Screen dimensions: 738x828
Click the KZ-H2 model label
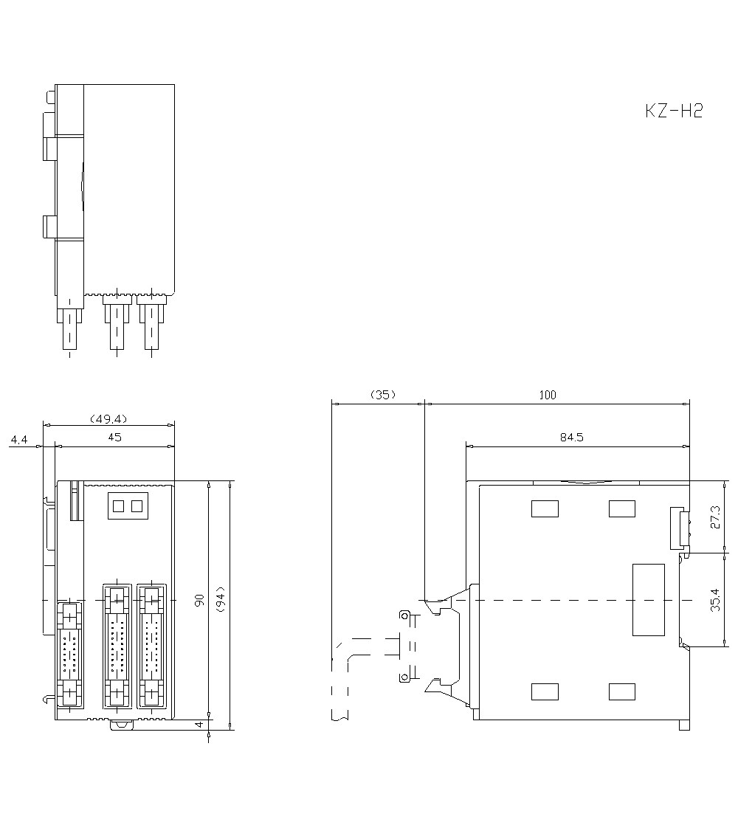click(x=674, y=111)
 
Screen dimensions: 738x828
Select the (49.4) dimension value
click(x=108, y=419)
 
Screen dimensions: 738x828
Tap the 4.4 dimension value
click(x=19, y=439)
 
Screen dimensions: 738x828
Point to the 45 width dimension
click(x=114, y=437)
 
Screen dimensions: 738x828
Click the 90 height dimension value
click(x=199, y=600)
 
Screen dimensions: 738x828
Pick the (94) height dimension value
click(x=221, y=599)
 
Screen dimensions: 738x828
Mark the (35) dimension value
click(x=383, y=395)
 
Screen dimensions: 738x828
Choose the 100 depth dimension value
click(x=548, y=395)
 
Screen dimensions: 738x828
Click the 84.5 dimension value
click(x=572, y=437)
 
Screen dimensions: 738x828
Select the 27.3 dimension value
click(x=715, y=517)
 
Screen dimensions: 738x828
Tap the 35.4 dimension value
click(x=715, y=600)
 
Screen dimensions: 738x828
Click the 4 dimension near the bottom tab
click(x=199, y=725)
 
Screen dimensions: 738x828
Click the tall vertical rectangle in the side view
click(x=648, y=600)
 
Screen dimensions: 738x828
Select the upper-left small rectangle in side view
click(x=545, y=508)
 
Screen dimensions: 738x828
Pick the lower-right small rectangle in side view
click(x=622, y=691)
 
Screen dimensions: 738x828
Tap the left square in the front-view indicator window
click(x=119, y=506)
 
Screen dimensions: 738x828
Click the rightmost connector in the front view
click(x=151, y=645)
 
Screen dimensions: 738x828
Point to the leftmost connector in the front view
click(x=69, y=654)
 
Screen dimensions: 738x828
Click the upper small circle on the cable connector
click(x=405, y=615)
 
